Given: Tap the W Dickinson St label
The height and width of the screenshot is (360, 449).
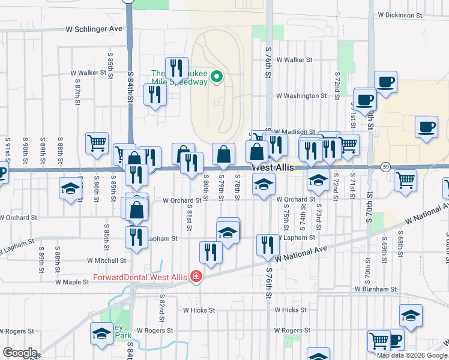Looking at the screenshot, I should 405,14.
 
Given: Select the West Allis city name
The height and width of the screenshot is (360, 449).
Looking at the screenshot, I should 273,168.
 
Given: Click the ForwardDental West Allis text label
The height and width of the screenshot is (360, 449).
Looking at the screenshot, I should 140,277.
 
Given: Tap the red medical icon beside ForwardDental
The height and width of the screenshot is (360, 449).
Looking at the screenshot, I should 196,277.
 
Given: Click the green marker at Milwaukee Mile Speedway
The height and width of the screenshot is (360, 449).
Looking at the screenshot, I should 217,77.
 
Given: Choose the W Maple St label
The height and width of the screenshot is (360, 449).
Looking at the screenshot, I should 72,281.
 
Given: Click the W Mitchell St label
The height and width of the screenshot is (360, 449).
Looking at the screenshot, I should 107,261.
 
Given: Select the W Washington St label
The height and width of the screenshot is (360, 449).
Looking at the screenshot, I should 301,95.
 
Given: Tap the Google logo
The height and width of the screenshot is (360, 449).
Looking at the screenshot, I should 20,352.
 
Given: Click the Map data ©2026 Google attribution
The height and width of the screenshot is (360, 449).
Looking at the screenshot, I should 412,355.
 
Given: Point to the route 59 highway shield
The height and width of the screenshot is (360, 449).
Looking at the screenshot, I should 386,166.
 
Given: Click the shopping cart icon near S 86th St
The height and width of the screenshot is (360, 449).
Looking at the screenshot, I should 97,143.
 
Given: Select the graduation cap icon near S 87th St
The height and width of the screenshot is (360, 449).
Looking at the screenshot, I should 70,188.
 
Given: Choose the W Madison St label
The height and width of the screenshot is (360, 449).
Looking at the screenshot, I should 295,132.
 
